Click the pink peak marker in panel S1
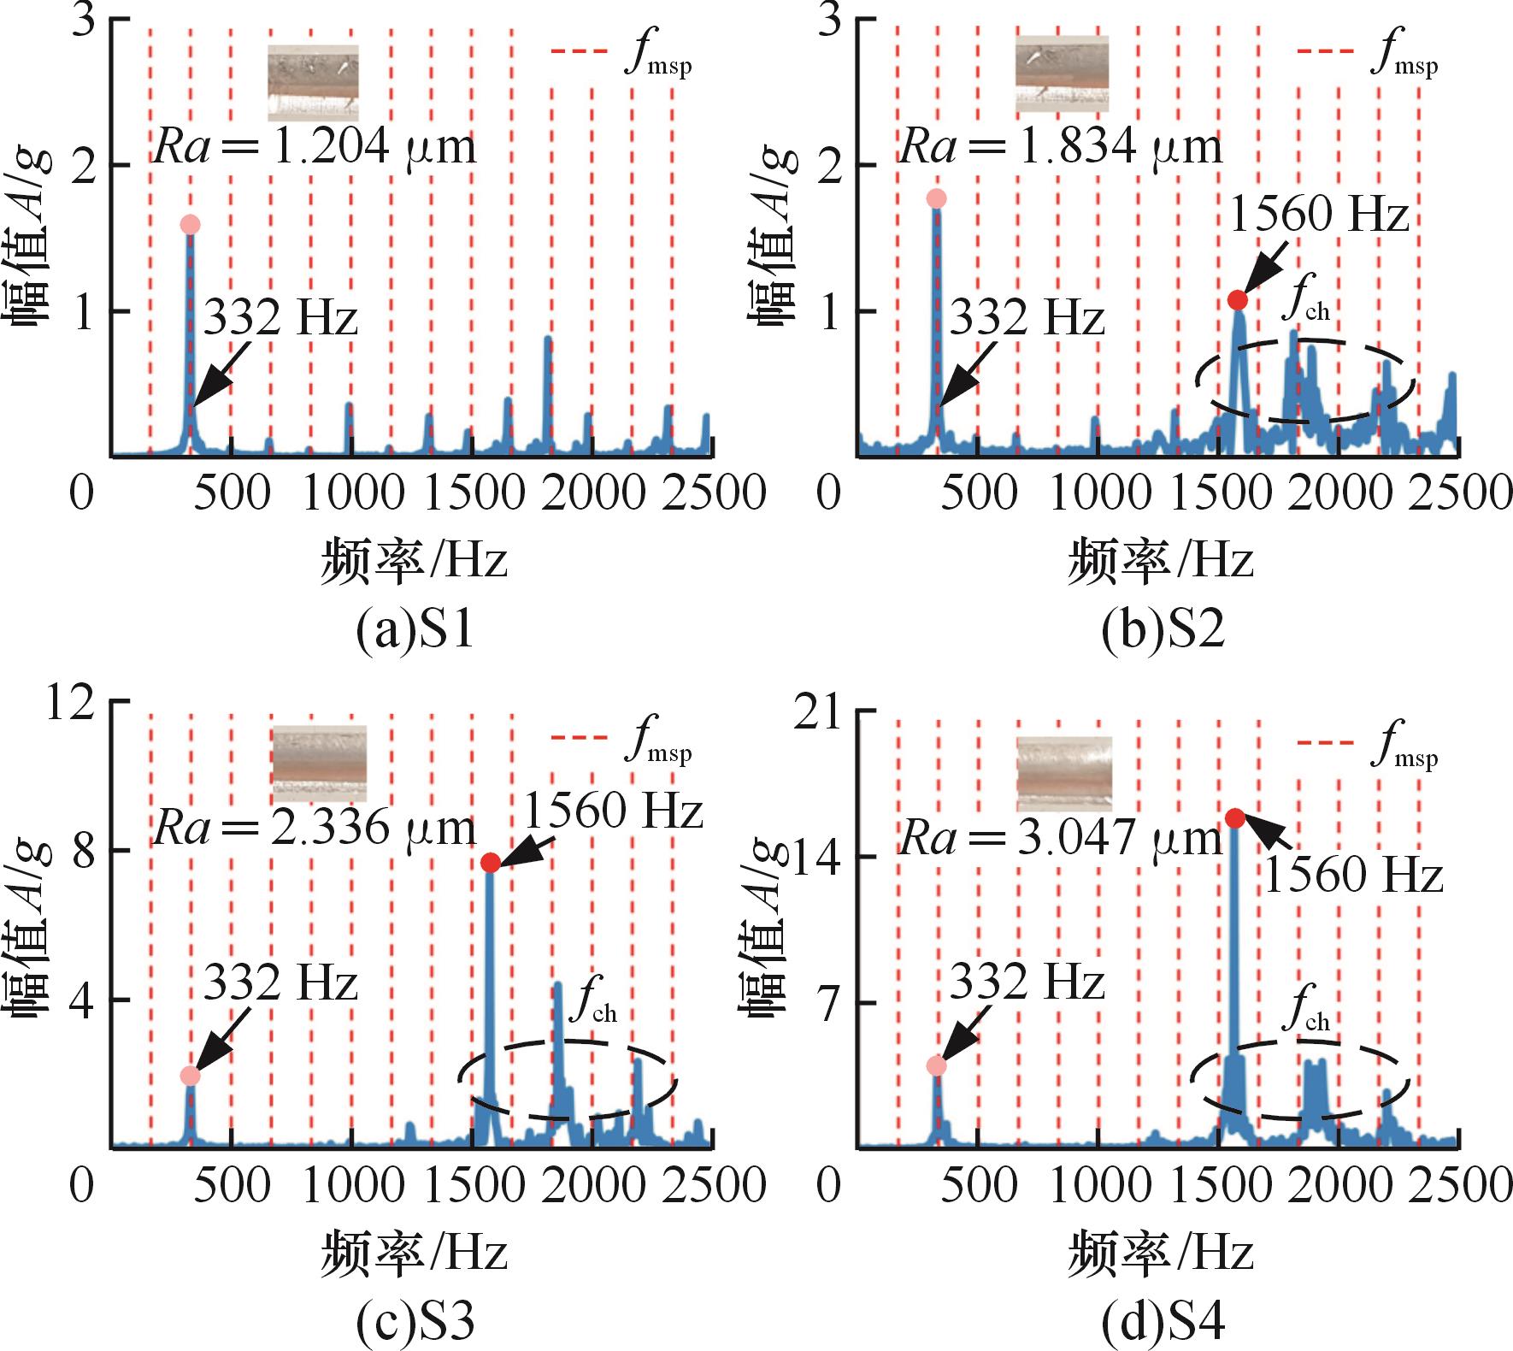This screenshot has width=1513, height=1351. coord(190,225)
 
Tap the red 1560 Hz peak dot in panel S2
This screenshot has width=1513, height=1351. coord(1237,300)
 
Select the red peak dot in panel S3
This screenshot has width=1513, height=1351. coord(490,863)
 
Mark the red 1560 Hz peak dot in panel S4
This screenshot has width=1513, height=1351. coord(1234,818)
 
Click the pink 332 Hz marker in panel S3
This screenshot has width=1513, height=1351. coord(190,1076)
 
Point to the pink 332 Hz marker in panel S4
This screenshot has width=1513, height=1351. coord(937,1065)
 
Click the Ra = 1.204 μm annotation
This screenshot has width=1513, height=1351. coord(314,147)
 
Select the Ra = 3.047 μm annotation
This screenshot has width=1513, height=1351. coord(1060,839)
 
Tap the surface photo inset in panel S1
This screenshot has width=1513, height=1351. coord(313,83)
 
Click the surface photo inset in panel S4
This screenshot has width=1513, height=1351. coord(1064,773)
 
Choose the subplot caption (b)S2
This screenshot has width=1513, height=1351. coord(1163,632)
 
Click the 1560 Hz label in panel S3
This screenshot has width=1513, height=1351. coord(613,809)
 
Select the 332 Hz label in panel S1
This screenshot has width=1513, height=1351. coord(280,319)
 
